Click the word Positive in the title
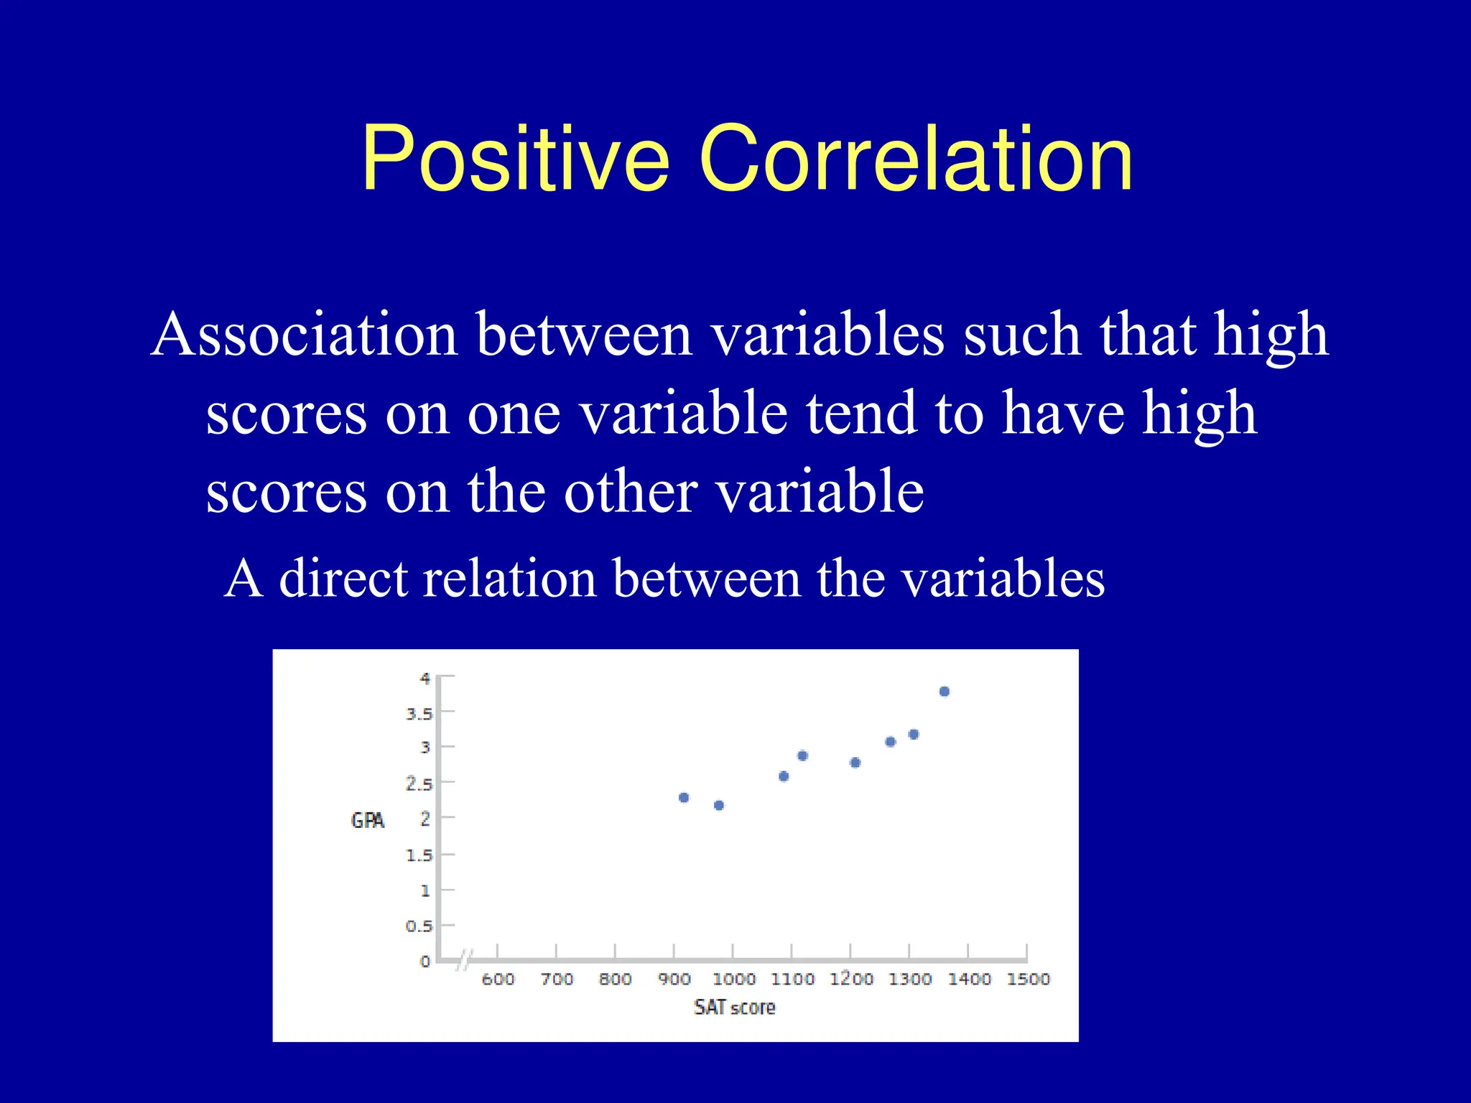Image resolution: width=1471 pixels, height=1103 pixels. tap(515, 159)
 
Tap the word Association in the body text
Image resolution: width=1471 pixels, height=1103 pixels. tap(305, 335)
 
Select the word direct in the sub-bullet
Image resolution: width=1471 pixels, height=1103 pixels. tap(341, 579)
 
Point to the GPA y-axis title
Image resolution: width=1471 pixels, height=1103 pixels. tap(367, 820)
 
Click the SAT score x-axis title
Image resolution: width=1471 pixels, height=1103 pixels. tap(734, 1007)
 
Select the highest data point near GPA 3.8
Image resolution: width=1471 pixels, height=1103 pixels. tap(945, 692)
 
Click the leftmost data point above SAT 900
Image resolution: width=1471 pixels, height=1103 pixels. tap(684, 798)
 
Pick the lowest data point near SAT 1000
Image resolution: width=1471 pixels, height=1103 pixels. tap(719, 805)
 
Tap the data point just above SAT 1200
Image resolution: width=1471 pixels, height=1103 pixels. tap(855, 763)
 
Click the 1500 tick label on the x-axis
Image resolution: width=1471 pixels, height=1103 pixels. tap(1028, 979)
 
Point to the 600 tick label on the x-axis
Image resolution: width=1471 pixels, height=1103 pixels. tap(498, 979)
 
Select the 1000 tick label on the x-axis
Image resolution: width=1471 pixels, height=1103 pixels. tap(733, 979)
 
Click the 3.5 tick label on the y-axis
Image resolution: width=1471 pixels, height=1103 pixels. tap(419, 714)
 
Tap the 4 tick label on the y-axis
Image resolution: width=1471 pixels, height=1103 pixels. tap(425, 678)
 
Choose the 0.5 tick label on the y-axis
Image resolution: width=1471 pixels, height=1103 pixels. tap(419, 926)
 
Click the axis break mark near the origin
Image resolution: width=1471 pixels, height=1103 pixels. tap(465, 960)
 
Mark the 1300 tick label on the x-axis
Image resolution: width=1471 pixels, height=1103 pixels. tap(910, 979)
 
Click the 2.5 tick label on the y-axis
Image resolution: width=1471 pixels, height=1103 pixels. tap(419, 784)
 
